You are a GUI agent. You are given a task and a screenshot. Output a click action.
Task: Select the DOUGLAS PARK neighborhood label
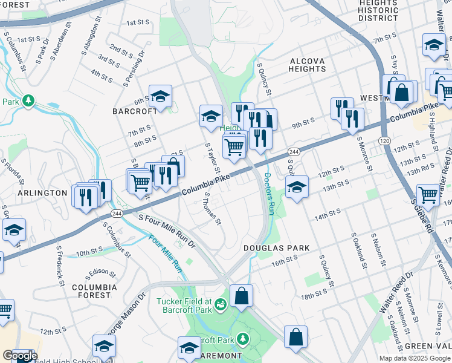click(276, 248)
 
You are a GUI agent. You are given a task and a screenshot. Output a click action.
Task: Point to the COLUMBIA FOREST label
click(91, 291)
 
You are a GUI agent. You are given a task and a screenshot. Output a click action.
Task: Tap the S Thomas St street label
click(212, 210)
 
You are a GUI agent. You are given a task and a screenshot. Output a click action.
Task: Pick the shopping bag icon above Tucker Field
click(241, 296)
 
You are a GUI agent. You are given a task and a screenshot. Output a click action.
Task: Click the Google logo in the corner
click(19, 356)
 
